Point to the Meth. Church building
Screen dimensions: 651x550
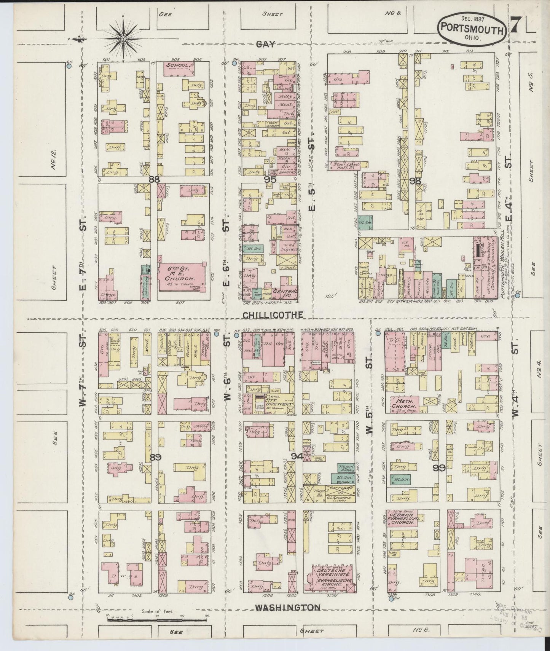click(405, 404)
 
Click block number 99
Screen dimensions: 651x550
click(441, 469)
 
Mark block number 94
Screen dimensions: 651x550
click(297, 457)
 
